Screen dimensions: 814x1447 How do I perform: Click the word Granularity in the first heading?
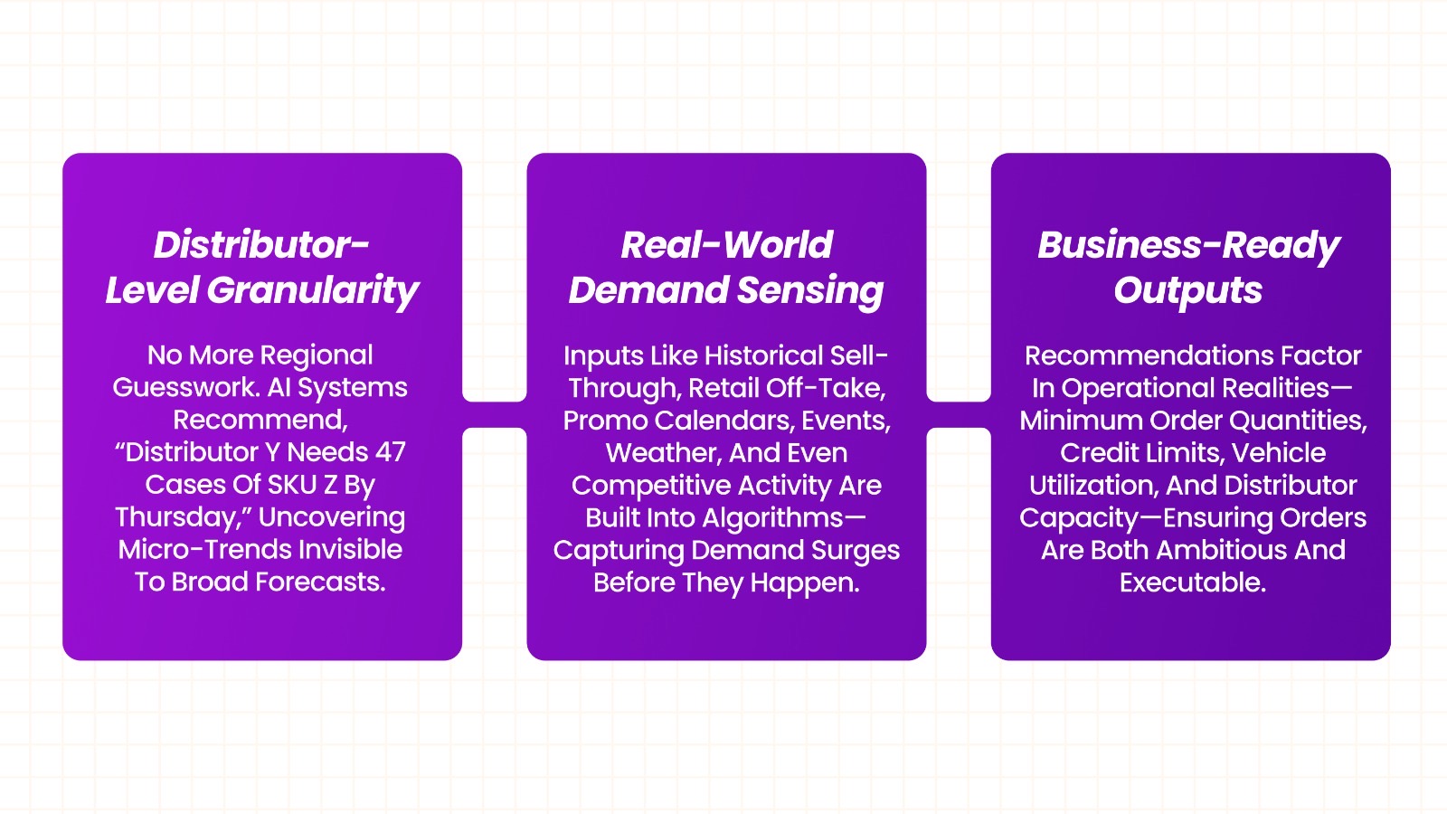click(x=313, y=291)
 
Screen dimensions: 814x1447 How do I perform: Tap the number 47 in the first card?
click(x=391, y=451)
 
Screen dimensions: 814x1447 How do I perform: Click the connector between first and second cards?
click(x=495, y=414)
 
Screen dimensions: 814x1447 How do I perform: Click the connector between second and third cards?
click(x=959, y=414)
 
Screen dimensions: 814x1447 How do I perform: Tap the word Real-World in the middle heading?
click(x=726, y=245)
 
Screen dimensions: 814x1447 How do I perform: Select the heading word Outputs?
click(x=1187, y=291)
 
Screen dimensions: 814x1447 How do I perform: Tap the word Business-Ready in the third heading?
click(x=1187, y=245)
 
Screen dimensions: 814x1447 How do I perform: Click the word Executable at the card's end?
click(x=1192, y=582)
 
